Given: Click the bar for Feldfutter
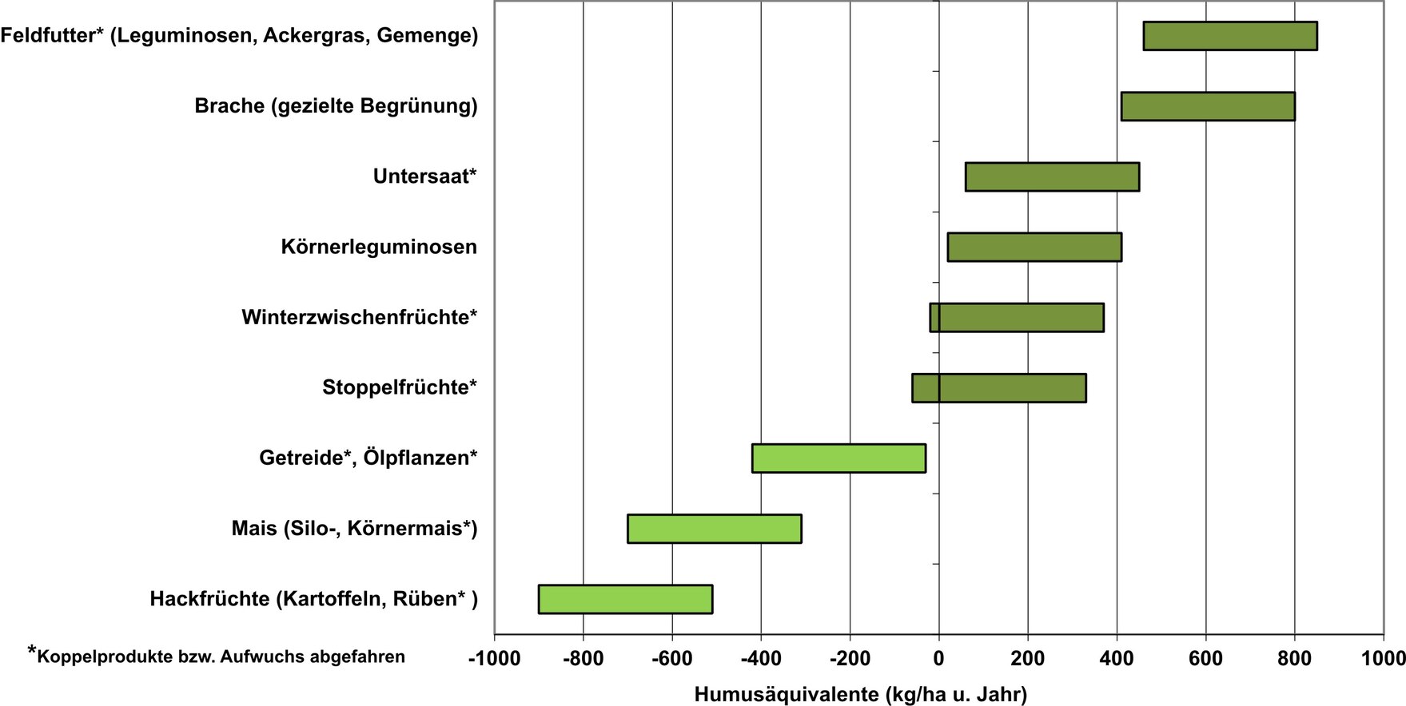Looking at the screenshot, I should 1229,36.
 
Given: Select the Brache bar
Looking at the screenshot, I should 1207,106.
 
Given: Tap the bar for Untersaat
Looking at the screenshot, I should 1052,176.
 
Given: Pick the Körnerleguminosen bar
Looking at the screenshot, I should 1034,247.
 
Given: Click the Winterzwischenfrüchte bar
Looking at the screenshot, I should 1016,317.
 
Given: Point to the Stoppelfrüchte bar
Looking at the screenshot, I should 998,387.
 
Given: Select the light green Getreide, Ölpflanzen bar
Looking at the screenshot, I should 838,458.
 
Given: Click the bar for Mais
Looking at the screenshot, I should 714,528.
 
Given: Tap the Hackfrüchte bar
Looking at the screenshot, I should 625,599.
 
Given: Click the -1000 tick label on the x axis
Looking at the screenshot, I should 494,658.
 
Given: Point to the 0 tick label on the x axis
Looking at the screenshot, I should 938,658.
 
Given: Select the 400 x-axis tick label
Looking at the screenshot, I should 1116,658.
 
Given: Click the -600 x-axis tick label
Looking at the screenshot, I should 671,658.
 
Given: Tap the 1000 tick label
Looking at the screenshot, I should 1384,658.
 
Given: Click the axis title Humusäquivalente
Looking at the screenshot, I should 860,694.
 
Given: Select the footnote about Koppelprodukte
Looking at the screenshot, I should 217,656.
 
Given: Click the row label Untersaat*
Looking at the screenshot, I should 424,176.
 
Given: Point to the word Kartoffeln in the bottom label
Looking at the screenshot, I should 333,599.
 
